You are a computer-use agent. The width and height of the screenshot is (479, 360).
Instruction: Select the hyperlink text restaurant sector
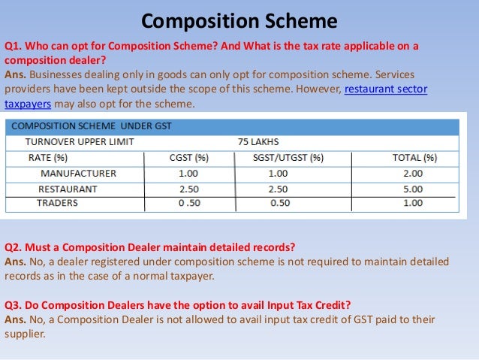385,90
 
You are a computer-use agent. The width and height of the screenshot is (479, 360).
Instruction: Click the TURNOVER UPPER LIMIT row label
80,142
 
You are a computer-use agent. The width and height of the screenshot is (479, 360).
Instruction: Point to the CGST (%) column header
188,158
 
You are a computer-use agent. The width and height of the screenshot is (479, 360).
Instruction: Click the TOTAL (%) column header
414,158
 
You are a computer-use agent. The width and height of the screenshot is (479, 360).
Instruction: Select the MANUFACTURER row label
78,173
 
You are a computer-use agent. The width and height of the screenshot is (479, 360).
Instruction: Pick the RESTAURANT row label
68,189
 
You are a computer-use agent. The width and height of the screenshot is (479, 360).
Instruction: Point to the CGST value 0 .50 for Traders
189,203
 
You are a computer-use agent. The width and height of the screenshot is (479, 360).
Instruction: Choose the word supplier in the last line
25,334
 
